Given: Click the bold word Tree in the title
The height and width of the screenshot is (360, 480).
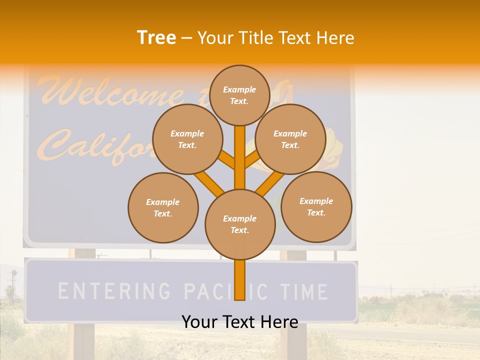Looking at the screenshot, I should (156, 38).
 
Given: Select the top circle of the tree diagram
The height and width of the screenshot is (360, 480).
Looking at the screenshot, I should (239, 95).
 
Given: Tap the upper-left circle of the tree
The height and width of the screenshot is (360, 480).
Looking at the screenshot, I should (187, 139).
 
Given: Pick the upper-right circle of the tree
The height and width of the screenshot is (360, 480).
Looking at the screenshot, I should (290, 139).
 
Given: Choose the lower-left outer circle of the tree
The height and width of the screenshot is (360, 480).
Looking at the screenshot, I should (163, 207).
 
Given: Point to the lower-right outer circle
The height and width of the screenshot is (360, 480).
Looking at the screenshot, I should (316, 206).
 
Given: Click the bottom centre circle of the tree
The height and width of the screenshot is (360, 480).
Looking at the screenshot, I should (240, 224).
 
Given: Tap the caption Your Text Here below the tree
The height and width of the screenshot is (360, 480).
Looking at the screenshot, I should (240, 322).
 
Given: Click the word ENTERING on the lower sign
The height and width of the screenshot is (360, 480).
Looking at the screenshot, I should (113, 291).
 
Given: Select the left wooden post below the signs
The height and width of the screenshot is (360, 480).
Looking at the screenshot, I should (84, 340).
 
